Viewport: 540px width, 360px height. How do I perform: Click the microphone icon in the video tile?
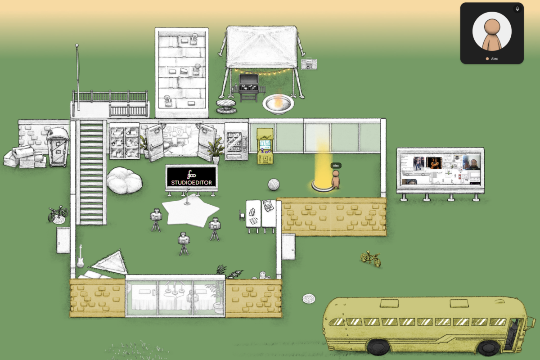(x=517, y=9)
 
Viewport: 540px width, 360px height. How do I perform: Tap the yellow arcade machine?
(x=265, y=146)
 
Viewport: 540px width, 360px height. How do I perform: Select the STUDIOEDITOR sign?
(x=191, y=177)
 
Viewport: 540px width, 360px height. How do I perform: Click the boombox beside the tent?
(x=309, y=65)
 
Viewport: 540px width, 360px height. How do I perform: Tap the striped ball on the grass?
(x=274, y=184)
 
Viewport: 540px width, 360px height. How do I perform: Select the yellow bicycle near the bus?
(x=371, y=258)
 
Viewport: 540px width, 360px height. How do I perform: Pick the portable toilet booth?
(x=58, y=147)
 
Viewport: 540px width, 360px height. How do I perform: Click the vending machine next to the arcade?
(x=236, y=142)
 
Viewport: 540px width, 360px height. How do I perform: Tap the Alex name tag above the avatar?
(x=336, y=166)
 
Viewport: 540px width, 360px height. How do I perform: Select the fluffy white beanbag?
(x=124, y=180)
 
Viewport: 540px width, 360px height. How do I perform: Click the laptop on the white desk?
(x=269, y=205)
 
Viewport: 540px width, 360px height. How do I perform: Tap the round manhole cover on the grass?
(x=309, y=298)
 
